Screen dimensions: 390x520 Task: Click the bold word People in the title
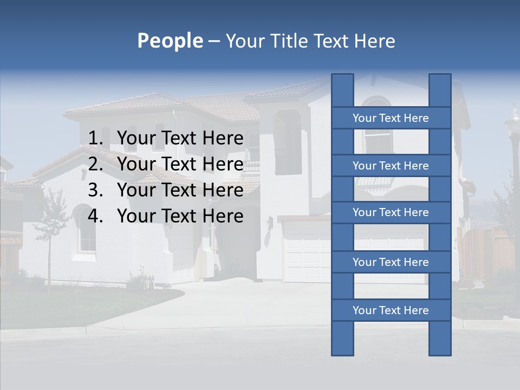click(x=170, y=41)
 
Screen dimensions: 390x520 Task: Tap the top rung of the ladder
click(x=391, y=118)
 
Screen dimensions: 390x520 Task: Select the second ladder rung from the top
click(x=391, y=166)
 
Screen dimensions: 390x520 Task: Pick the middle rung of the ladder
click(x=391, y=212)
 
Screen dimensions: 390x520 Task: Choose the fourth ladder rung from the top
click(x=391, y=262)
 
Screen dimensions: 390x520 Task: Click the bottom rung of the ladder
click(x=391, y=310)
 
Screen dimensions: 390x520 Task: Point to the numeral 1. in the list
click(x=95, y=139)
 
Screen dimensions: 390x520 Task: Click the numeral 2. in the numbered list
click(x=95, y=164)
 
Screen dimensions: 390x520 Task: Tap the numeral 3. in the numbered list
click(x=95, y=190)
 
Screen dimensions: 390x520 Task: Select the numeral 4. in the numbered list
click(x=95, y=216)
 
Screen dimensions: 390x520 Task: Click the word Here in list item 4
click(x=223, y=216)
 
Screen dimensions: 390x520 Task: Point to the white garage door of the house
click(x=306, y=252)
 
